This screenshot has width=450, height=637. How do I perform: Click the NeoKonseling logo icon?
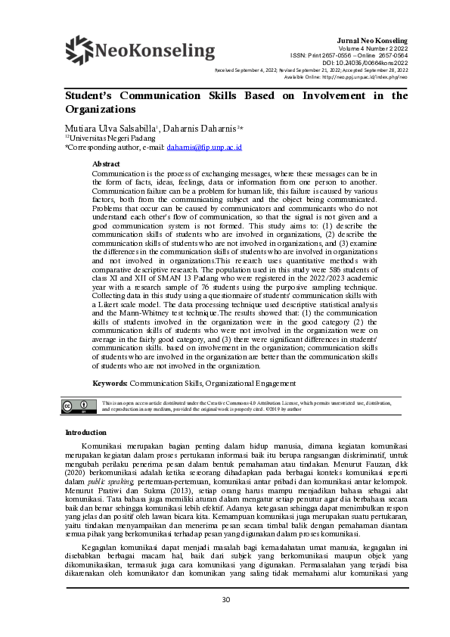coord(79,51)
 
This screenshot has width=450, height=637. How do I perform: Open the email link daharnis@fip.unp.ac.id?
coord(204,148)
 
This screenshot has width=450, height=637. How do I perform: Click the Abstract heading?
coord(106,163)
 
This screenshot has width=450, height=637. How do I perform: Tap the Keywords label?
coord(110,384)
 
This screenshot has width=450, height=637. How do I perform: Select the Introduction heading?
coord(86,433)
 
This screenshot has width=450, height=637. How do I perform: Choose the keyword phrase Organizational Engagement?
coord(251,384)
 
